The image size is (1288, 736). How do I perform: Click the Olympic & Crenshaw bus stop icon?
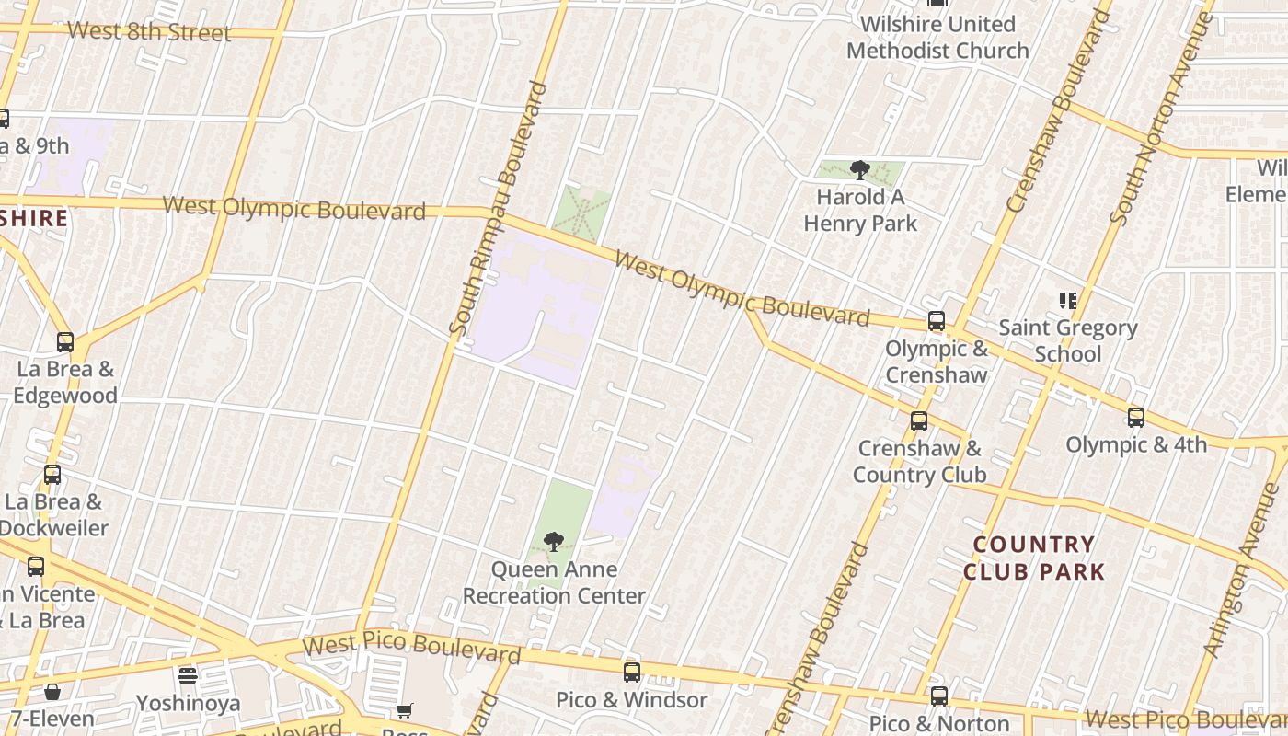pos(936,321)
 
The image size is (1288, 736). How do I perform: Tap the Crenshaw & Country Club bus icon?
pos(918,421)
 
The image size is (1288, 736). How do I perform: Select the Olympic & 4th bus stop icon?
pos(1136,418)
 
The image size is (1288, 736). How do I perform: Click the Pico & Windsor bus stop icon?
pos(631,673)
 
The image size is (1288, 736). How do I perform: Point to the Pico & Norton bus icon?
pos(938,696)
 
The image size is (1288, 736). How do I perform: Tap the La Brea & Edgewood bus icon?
pos(64,342)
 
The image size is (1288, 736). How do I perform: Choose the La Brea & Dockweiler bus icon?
pos(52,475)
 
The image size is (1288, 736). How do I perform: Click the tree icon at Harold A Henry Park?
pos(860,170)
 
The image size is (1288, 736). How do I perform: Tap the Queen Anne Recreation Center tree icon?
pos(553,542)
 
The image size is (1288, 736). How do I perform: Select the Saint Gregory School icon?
pos(1068,301)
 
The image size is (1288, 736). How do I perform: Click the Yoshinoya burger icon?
pos(188,677)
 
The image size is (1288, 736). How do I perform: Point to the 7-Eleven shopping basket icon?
pos(52,692)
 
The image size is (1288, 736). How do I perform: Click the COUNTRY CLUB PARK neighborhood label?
pos(1034,558)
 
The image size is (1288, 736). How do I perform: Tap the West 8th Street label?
pos(149,32)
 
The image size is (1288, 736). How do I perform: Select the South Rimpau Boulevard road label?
pos(498,208)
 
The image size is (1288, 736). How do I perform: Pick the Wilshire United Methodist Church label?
pos(937,37)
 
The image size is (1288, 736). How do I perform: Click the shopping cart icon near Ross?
pos(404,710)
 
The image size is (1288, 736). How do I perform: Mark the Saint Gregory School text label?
pos(1068,340)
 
